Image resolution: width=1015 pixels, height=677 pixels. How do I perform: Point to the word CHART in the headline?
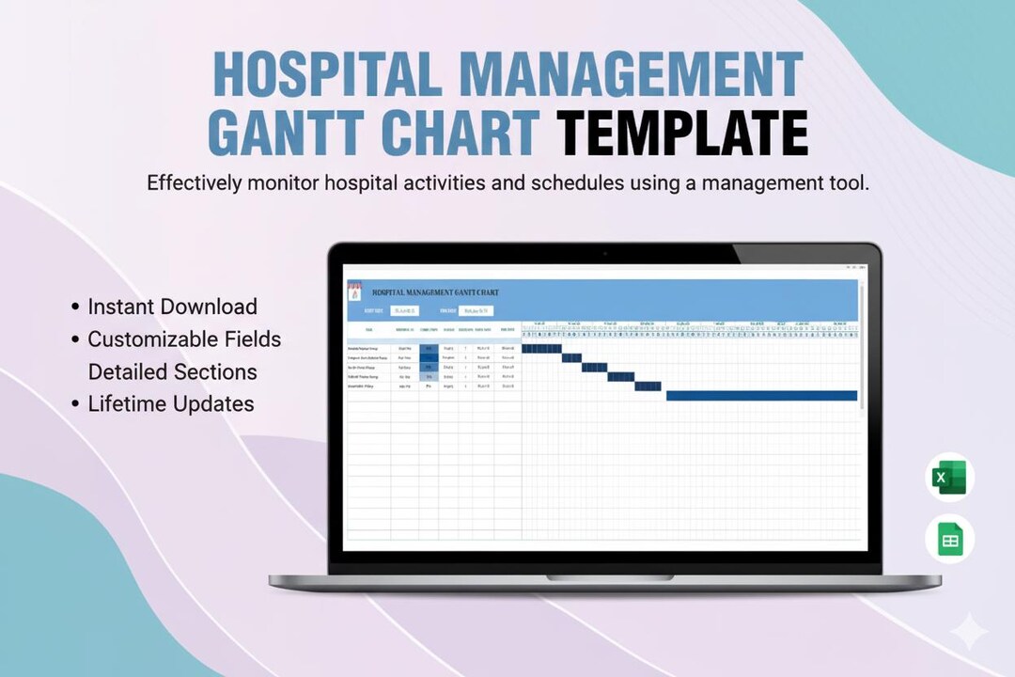tap(461, 134)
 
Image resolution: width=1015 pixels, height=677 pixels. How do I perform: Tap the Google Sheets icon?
tap(949, 541)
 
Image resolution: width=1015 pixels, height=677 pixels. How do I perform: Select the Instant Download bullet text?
tap(172, 307)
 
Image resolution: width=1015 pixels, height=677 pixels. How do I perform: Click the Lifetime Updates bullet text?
tap(171, 404)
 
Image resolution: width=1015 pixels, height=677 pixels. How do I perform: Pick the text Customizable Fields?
tap(184, 339)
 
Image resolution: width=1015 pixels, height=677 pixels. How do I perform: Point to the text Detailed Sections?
tap(172, 372)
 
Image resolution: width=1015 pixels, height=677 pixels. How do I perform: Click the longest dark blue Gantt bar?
tap(761, 396)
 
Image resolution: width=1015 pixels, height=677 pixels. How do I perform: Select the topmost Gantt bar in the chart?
tap(541, 349)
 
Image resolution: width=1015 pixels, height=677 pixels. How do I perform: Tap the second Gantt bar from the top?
tap(571, 358)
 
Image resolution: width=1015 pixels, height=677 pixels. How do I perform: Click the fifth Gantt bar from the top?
tap(648, 386)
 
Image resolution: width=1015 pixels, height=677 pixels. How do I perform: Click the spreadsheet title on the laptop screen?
tap(435, 292)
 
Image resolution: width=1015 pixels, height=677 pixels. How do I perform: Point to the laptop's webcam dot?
tap(604, 253)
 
